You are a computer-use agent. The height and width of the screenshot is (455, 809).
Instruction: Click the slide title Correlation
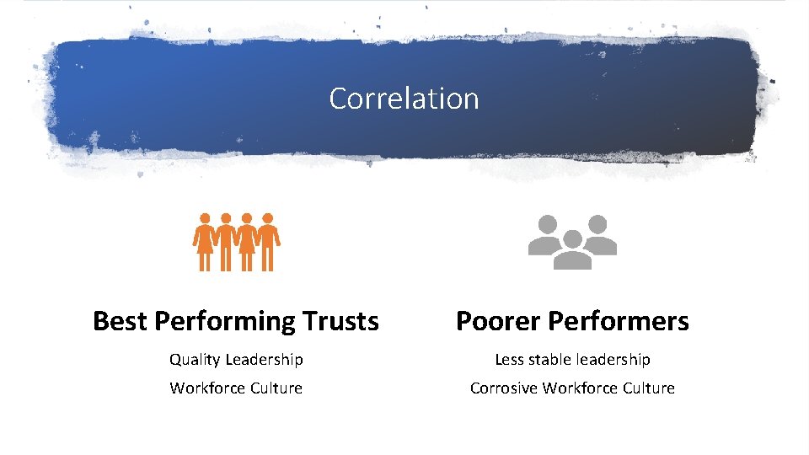point(404,99)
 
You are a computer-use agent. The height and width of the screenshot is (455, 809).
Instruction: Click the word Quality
point(194,360)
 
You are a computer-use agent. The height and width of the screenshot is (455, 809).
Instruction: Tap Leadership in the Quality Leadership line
point(263,360)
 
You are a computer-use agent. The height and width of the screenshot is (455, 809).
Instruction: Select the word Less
point(510,360)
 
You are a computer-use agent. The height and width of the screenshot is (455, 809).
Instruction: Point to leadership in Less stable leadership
point(613,360)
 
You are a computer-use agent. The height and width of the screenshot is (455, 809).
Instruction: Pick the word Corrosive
point(504,388)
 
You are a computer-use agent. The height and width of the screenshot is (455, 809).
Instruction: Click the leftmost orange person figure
point(205,241)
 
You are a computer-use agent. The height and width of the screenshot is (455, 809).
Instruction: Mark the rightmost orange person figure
point(268,241)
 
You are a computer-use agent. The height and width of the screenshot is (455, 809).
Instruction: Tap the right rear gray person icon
point(598,233)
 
